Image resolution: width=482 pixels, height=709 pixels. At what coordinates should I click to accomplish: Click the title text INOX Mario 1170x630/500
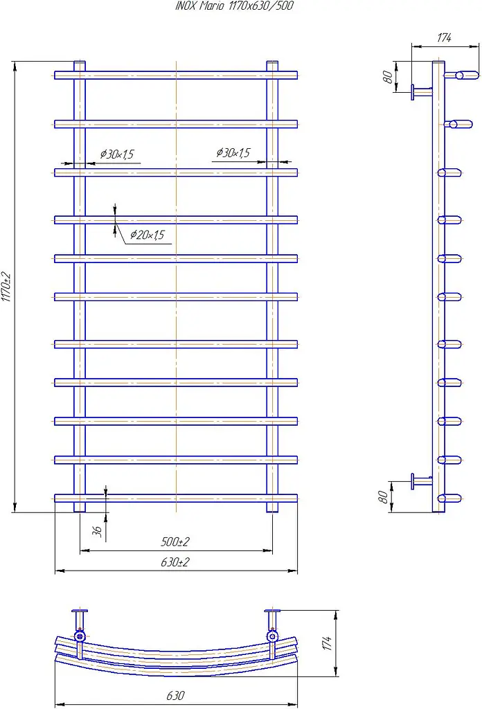234,6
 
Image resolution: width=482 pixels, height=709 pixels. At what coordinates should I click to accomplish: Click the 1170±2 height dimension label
6,286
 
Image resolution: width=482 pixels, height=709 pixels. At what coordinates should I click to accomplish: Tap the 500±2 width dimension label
175,541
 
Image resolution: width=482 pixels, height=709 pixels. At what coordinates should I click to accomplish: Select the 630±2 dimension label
175,562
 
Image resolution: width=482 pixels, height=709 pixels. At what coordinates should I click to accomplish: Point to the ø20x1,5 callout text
148,235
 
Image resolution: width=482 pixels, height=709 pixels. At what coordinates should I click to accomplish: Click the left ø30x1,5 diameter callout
117,154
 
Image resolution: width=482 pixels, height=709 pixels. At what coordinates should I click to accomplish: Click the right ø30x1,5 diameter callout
233,153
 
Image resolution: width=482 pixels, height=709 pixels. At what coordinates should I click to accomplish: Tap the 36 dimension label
98,531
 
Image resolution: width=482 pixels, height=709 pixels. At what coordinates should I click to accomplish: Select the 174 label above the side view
444,37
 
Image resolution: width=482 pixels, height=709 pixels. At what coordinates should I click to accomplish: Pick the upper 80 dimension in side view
388,76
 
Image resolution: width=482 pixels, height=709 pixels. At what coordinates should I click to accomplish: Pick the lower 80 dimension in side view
383,497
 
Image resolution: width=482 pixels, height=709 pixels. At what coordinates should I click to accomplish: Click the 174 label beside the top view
327,643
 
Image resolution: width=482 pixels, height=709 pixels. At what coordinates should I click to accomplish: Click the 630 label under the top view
175,695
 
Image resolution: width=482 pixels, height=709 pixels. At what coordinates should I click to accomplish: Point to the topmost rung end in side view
461,75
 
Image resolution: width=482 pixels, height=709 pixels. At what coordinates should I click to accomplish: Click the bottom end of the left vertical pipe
80,512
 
